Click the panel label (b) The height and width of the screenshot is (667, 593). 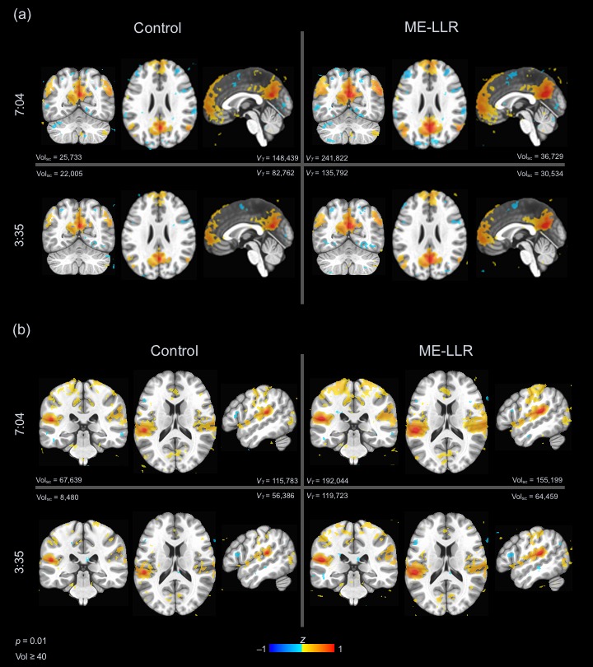(x=22, y=331)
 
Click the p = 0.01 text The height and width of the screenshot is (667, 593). (x=33, y=639)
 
